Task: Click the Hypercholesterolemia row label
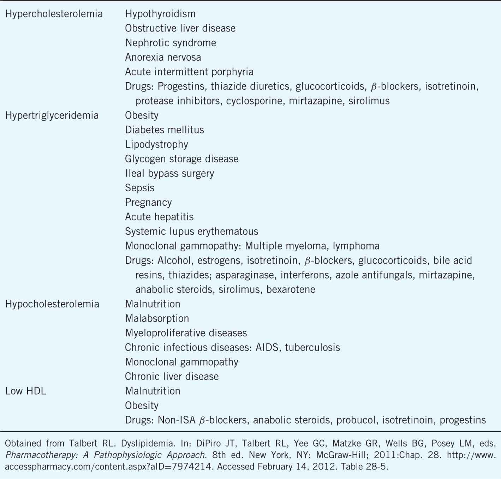click(x=54, y=14)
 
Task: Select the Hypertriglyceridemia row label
click(x=52, y=115)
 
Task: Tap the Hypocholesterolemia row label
click(x=52, y=304)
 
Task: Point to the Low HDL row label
click(x=25, y=391)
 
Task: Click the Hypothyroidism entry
click(x=160, y=14)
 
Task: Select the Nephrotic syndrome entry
click(x=171, y=43)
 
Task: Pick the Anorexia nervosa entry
click(x=163, y=58)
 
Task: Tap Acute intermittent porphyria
click(x=189, y=72)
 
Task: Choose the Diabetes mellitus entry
click(x=165, y=130)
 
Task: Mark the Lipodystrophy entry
click(x=156, y=144)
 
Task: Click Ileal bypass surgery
click(x=169, y=173)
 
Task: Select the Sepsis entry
click(x=140, y=188)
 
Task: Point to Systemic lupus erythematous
click(x=191, y=232)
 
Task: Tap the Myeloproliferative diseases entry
click(x=186, y=333)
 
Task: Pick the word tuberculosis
click(x=312, y=347)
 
